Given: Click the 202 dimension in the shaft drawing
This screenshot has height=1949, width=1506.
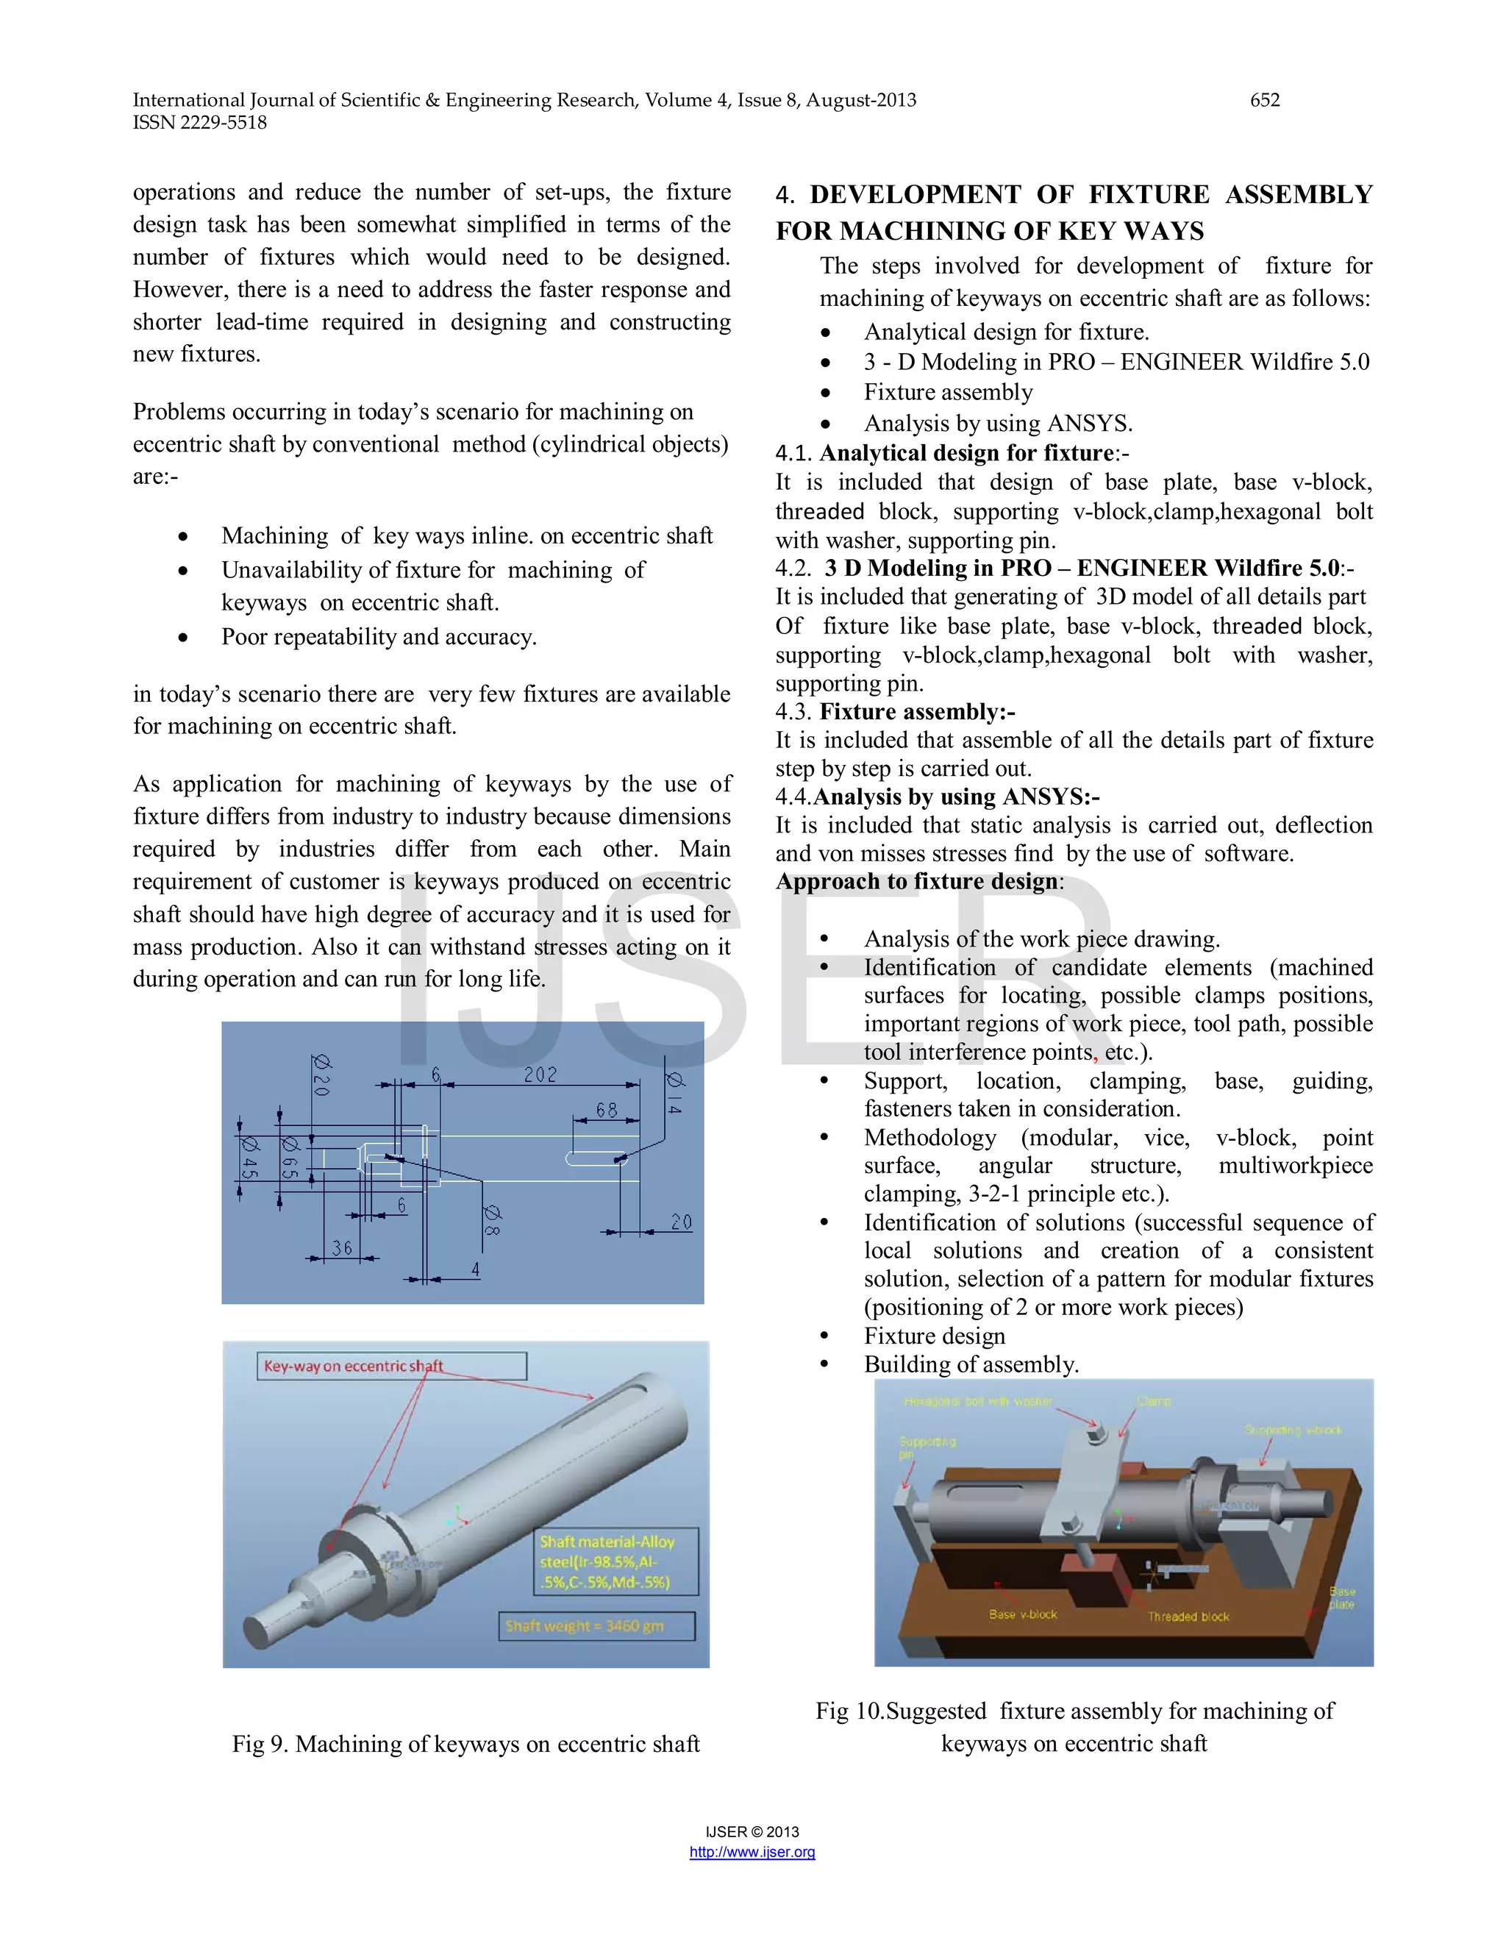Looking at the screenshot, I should tap(540, 1075).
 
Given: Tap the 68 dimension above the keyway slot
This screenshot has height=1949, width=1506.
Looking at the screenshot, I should tap(607, 1110).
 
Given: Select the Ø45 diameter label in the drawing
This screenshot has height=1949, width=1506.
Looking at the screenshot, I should tap(250, 1157).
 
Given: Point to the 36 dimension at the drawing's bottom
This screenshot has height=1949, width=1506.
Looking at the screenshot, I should tap(343, 1247).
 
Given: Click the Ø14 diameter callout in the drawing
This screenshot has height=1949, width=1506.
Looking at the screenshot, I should tap(675, 1092).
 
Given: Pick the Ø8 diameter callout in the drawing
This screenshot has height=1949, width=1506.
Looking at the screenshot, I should tap(492, 1220).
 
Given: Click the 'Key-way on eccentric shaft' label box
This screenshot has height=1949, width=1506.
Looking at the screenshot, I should tap(393, 1365).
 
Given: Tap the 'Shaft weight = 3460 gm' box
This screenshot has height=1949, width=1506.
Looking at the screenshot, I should tap(596, 1625).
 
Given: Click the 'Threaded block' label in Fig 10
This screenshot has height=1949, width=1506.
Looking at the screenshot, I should tap(1188, 1616).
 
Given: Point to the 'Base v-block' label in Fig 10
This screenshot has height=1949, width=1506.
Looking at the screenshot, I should tap(1022, 1614).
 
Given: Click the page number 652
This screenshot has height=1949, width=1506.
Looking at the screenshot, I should tap(1264, 100).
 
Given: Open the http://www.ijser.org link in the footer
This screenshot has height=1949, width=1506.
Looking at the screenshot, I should tap(752, 1852).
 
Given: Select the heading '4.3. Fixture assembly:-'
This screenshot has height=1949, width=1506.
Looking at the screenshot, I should tap(895, 711).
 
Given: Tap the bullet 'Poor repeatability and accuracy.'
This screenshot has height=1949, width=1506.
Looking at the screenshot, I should tap(378, 636).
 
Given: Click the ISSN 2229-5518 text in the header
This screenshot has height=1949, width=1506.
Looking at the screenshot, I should tap(200, 122).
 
